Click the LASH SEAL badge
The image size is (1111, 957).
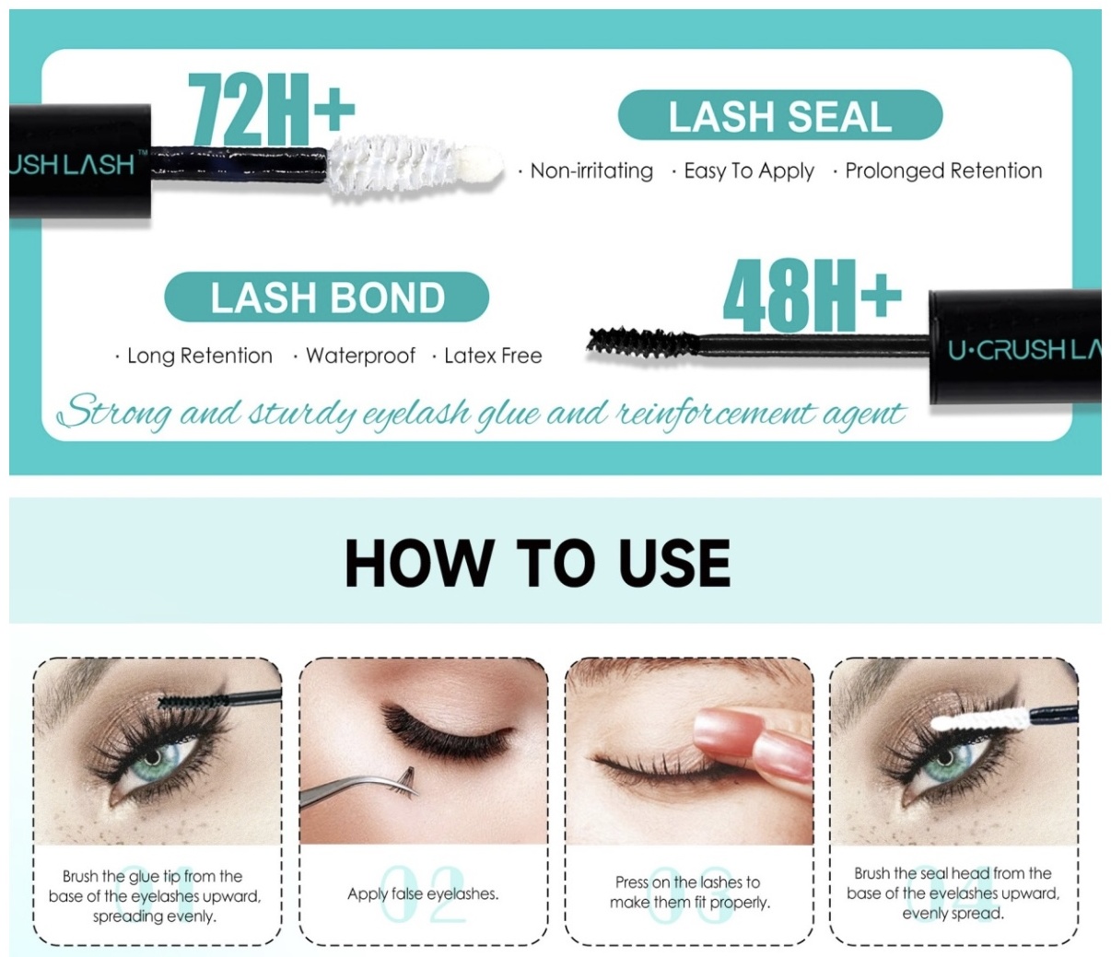(780, 115)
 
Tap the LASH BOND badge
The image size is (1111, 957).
(326, 297)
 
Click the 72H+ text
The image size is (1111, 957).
(271, 108)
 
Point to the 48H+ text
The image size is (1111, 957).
(812, 295)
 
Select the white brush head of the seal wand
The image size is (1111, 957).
(414, 165)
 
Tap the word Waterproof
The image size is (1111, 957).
(360, 356)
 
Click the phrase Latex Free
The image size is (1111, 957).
(493, 356)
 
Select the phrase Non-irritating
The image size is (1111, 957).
(591, 171)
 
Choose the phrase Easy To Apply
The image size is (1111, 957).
(749, 171)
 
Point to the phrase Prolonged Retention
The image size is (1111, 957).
(943, 171)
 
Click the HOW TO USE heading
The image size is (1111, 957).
(537, 563)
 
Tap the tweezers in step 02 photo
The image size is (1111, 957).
(355, 790)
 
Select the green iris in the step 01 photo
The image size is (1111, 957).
(153, 756)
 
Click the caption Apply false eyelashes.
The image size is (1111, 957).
(423, 893)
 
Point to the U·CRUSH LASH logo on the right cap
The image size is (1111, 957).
(1024, 350)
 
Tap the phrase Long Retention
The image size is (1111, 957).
(199, 356)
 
